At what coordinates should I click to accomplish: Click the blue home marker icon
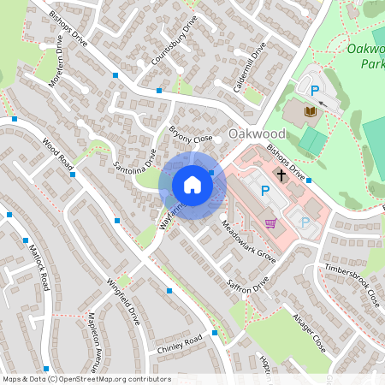pyautogui.click(x=192, y=185)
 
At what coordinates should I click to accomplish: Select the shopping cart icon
pyautogui.click(x=271, y=222)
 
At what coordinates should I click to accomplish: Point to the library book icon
pyautogui.click(x=310, y=110)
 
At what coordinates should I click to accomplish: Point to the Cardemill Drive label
pyautogui.click(x=250, y=65)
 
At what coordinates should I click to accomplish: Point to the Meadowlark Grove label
pyautogui.click(x=248, y=242)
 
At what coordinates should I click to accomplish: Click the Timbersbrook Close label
pyautogui.click(x=352, y=285)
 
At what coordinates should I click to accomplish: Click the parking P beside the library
pyautogui.click(x=314, y=89)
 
